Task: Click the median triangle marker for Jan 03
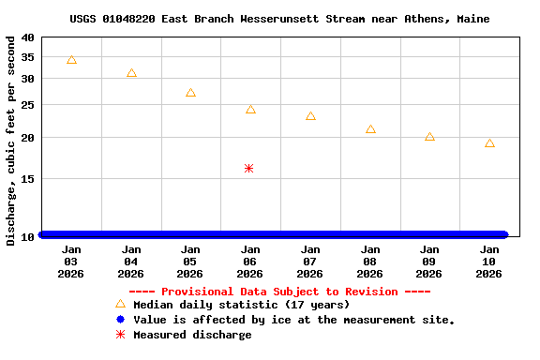[x=71, y=60]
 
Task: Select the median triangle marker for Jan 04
[x=131, y=73]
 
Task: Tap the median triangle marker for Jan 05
[x=190, y=93]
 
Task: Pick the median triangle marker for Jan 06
[x=250, y=110]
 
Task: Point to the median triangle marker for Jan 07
[x=310, y=116]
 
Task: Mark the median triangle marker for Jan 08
[x=370, y=129]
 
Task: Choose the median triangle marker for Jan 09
[x=429, y=137]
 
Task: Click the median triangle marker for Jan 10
[x=489, y=143]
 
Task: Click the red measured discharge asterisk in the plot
[x=248, y=169]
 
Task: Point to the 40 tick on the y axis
[x=26, y=37]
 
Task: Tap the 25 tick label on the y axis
[x=26, y=104]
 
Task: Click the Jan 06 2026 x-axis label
[x=250, y=262]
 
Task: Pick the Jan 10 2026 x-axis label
[x=489, y=262]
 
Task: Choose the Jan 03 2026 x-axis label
[x=71, y=262]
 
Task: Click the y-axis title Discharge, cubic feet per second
[x=10, y=141]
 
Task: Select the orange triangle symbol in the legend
[x=120, y=304]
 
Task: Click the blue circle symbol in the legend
[x=120, y=320]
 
